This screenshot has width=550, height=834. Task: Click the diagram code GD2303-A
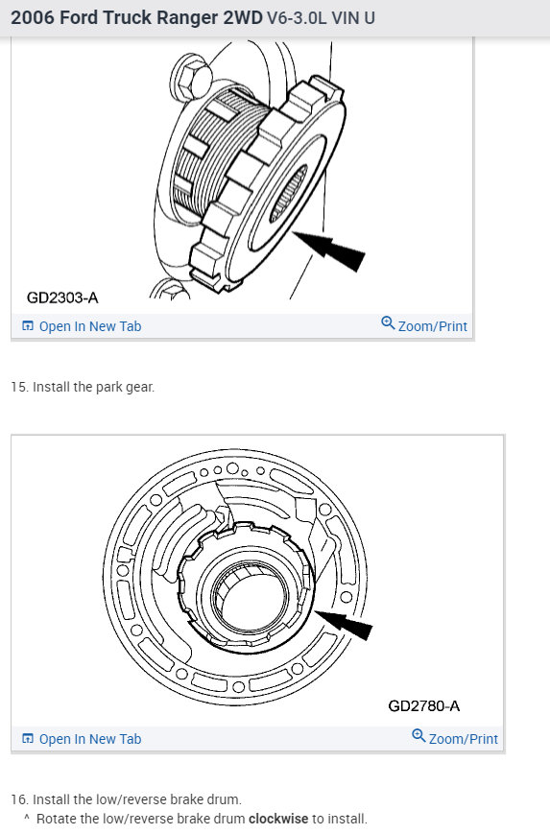tap(62, 298)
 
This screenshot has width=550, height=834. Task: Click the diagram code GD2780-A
tap(424, 705)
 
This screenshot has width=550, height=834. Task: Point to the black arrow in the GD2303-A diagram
tap(328, 250)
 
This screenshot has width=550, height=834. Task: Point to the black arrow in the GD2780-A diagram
tap(344, 624)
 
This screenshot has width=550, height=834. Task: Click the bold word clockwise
tap(278, 818)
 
